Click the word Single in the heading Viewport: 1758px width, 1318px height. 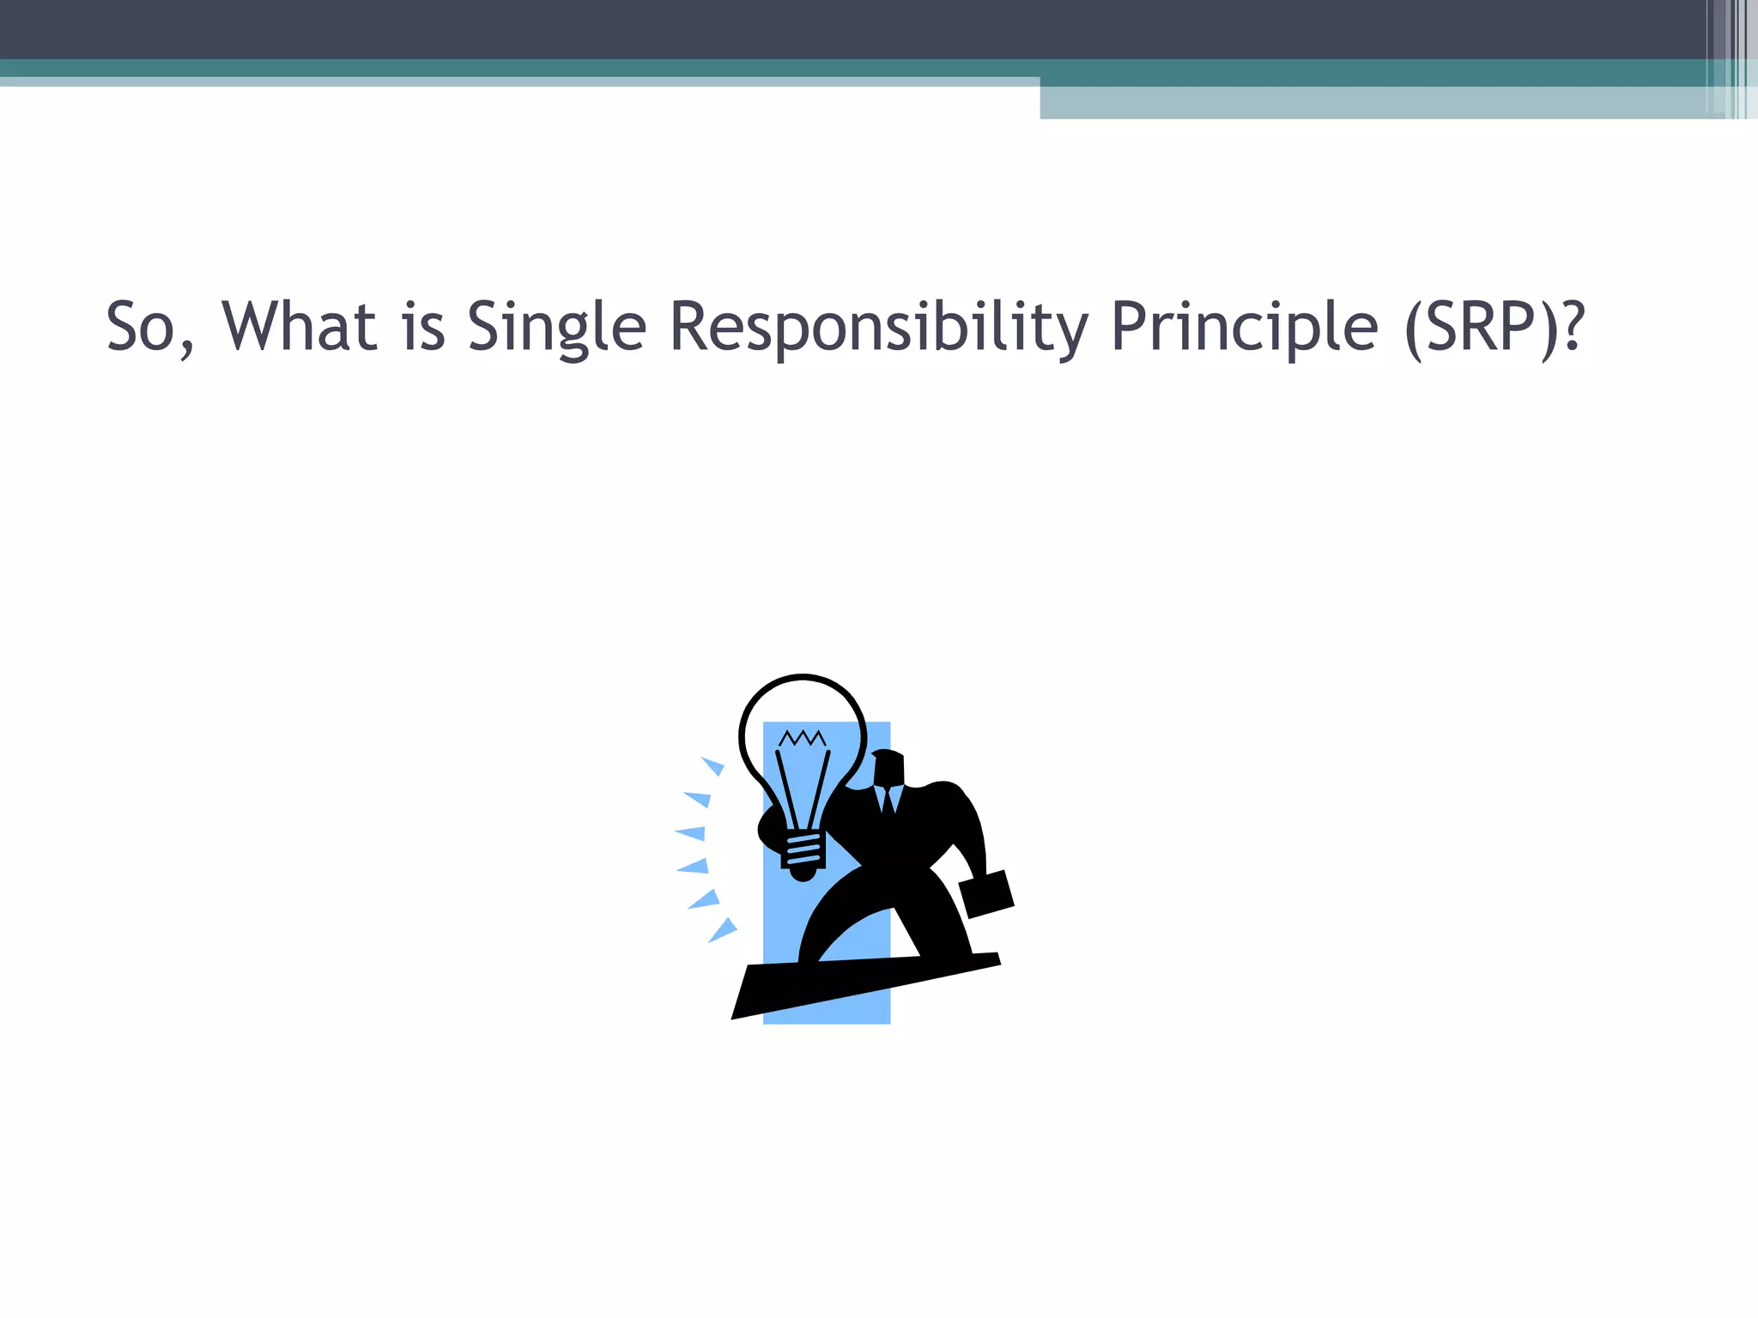pyautogui.click(x=555, y=329)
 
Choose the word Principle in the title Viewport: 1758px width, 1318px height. pyautogui.click(x=1244, y=329)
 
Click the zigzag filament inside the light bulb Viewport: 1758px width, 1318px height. pyautogui.click(x=802, y=738)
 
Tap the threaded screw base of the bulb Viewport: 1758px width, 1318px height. pyautogui.click(x=803, y=851)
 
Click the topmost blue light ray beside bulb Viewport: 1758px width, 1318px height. pyautogui.click(x=713, y=765)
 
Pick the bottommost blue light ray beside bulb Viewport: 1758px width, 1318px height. pyautogui.click(x=723, y=930)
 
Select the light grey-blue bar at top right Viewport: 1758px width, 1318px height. pyautogui.click(x=1373, y=103)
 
